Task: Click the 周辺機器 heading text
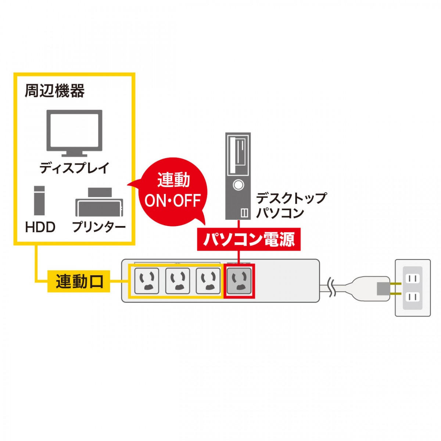(54, 91)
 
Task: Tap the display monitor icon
(74, 133)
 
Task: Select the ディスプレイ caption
(74, 168)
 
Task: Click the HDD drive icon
(39, 201)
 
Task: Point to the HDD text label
(40, 227)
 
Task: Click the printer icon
(99, 202)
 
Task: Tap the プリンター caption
(99, 227)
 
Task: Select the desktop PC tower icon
(238, 176)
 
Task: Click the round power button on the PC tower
(238, 184)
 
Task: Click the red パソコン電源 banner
(249, 239)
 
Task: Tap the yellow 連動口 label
(79, 281)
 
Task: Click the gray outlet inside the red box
(239, 281)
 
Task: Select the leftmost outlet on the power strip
(147, 281)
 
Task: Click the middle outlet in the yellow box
(178, 281)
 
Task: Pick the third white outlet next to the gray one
(208, 281)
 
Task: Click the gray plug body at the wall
(383, 288)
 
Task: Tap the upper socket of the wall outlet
(412, 279)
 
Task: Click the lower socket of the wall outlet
(412, 297)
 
